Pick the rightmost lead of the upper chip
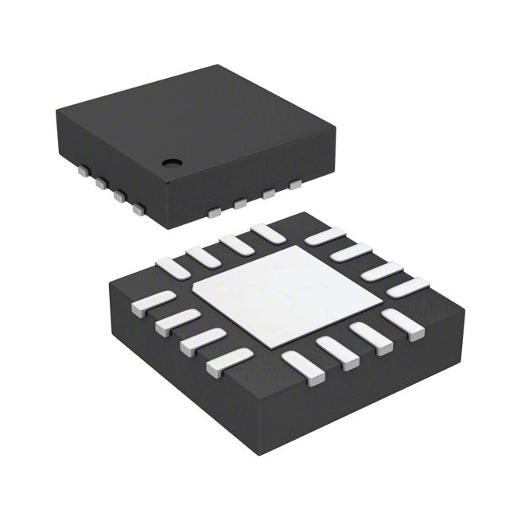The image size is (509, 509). coord(296,185)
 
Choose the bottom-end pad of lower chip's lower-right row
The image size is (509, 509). coord(302,367)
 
